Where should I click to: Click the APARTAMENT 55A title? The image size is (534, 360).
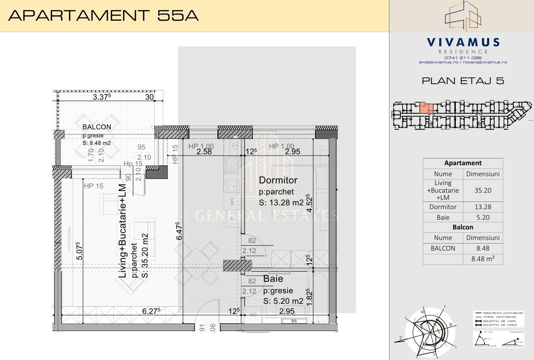pyautogui.click(x=104, y=16)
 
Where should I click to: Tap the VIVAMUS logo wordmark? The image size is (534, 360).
pyautogui.click(x=463, y=42)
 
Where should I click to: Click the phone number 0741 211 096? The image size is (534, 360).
pyautogui.click(x=463, y=57)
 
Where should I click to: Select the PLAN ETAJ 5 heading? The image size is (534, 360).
pyautogui.click(x=463, y=81)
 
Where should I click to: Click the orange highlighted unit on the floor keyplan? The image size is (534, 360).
pyautogui.click(x=426, y=109)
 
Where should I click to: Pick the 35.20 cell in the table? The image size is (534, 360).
pyautogui.click(x=483, y=191)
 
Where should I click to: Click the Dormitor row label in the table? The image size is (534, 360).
pyautogui.click(x=443, y=207)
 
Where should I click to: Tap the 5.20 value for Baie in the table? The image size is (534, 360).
pyautogui.click(x=483, y=218)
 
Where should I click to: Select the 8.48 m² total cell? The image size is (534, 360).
pyautogui.click(x=483, y=259)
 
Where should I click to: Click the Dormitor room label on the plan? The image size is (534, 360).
pyautogui.click(x=278, y=180)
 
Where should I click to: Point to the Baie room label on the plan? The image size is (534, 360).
pyautogui.click(x=273, y=279)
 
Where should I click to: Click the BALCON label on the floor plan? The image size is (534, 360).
pyautogui.click(x=97, y=127)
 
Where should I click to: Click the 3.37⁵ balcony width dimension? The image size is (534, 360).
pyautogui.click(x=101, y=97)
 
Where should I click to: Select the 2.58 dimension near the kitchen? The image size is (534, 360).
pyautogui.click(x=204, y=151)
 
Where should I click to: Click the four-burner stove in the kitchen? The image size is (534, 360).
pyautogui.click(x=232, y=165)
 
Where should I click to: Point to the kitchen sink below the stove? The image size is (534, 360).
pyautogui.click(x=232, y=185)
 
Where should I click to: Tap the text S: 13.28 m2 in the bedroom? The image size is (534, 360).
pyautogui.click(x=281, y=202)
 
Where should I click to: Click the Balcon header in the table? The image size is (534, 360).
pyautogui.click(x=463, y=227)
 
